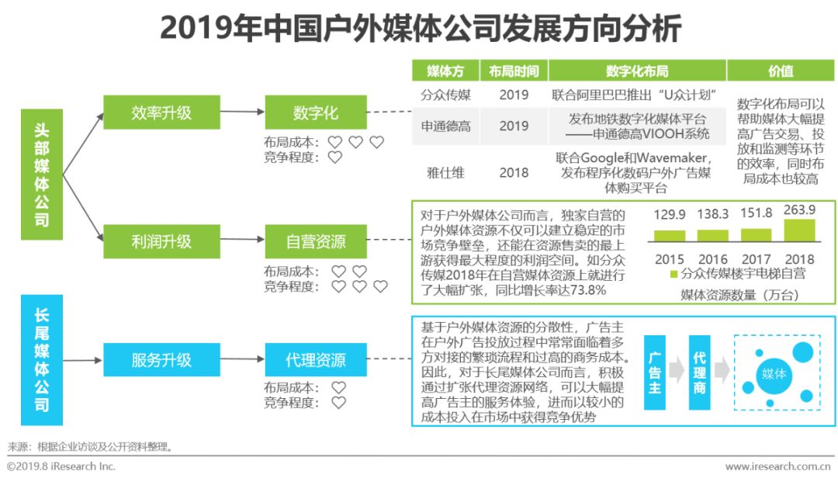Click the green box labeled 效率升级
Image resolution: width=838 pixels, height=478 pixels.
[x=161, y=113]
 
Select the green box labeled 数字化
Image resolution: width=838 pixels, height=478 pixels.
[x=315, y=113]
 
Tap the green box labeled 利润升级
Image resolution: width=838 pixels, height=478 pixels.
[x=161, y=241]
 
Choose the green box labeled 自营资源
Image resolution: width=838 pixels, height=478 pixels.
[x=315, y=241]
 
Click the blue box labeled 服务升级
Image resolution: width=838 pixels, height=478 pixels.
[x=161, y=360]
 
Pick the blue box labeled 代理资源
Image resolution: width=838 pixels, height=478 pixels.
[x=315, y=360]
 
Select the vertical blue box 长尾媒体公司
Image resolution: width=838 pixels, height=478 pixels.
[x=41, y=359]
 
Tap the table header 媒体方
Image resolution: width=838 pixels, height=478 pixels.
[x=445, y=71]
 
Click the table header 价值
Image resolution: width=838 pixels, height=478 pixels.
[x=781, y=71]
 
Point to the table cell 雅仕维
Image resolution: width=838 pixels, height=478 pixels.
[x=445, y=172]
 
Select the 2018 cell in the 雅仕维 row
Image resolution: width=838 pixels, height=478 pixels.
[x=514, y=172]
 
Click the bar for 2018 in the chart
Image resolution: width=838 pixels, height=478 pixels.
[x=800, y=230]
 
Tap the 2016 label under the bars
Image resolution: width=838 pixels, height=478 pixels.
[x=712, y=259]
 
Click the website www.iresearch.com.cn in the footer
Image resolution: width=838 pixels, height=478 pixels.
[x=781, y=466]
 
